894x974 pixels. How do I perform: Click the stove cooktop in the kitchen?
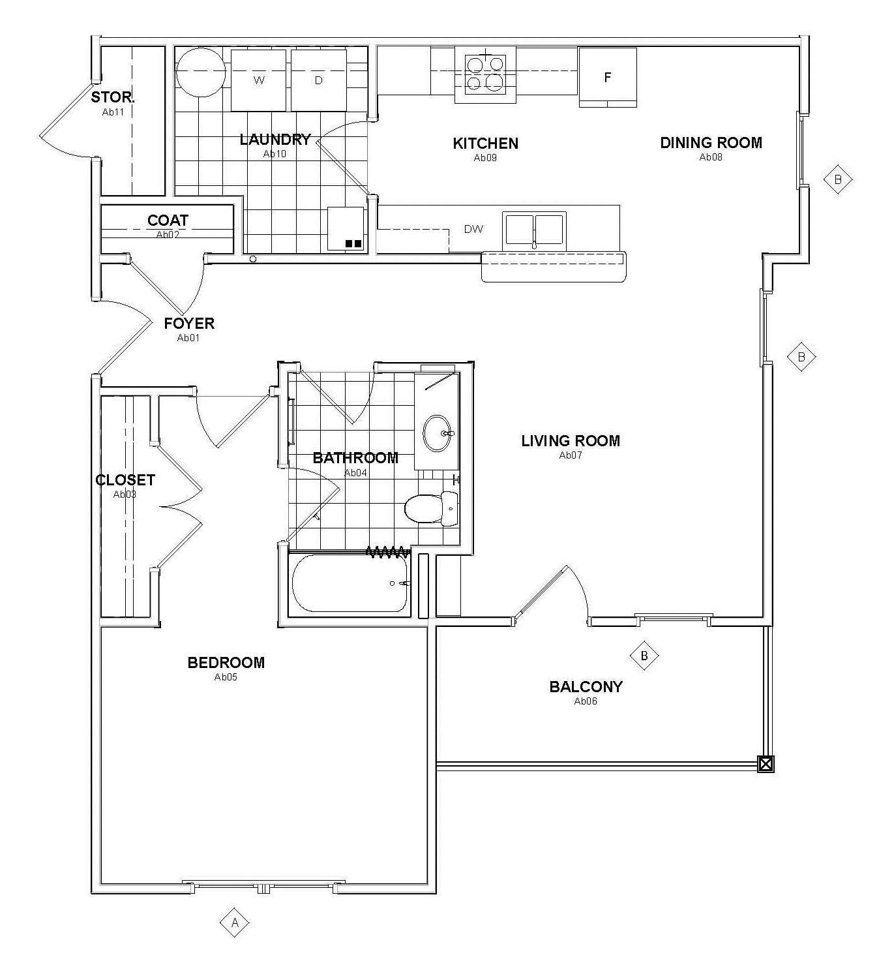(x=485, y=74)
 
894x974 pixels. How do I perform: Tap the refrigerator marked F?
(x=607, y=77)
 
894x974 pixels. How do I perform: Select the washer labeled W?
(x=258, y=80)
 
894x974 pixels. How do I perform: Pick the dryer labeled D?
(x=318, y=80)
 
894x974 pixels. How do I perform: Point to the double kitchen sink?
(x=534, y=230)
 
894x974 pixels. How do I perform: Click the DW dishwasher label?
(x=473, y=229)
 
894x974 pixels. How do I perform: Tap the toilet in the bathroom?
(x=431, y=508)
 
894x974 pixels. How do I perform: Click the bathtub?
(x=350, y=583)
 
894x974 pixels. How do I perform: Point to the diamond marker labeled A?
(x=234, y=922)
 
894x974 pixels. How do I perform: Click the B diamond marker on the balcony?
(x=644, y=656)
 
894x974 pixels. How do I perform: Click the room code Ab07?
(x=571, y=455)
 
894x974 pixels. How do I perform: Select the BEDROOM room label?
(x=226, y=663)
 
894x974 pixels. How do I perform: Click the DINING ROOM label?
(x=711, y=143)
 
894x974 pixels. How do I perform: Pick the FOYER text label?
(x=189, y=324)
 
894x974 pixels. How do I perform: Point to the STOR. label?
(x=113, y=97)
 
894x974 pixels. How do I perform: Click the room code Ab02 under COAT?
(x=168, y=234)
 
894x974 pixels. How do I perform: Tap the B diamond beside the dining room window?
(x=838, y=179)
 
